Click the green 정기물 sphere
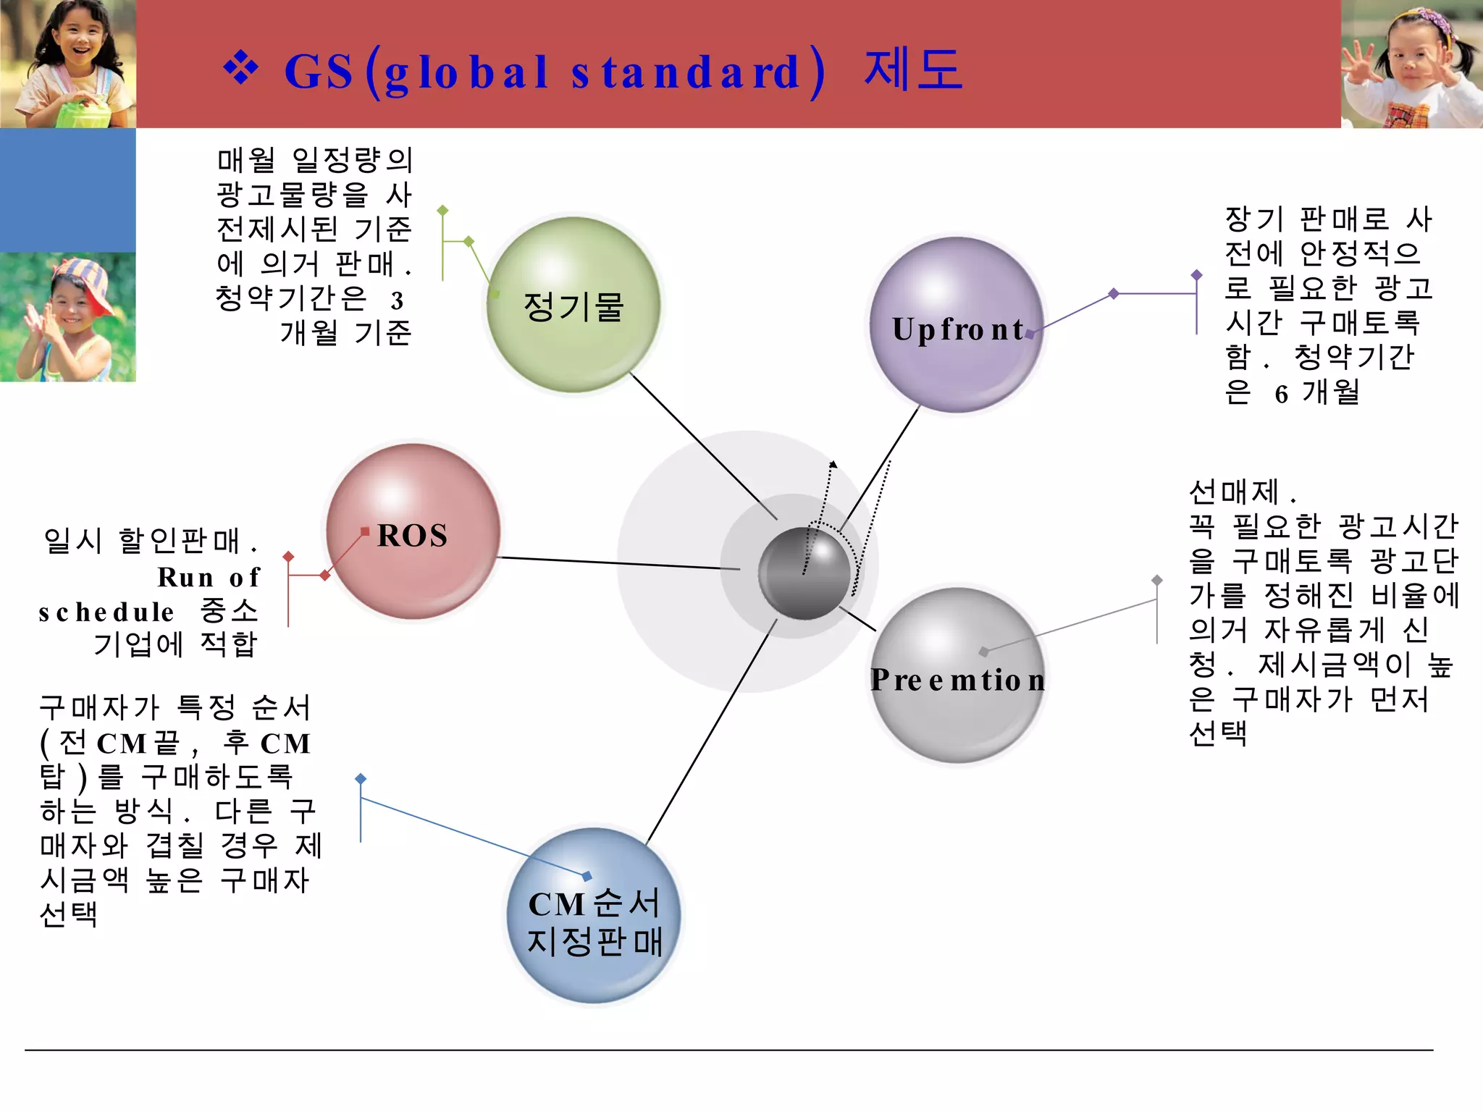573,305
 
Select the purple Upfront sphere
957,325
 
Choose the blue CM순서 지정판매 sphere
594,915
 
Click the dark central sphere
804,573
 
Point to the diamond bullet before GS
241,69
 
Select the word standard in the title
684,73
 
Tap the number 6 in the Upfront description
1281,395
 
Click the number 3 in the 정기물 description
397,300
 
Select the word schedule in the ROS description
106,612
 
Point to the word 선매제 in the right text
1234,492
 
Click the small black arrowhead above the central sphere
833,464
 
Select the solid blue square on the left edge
67,190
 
